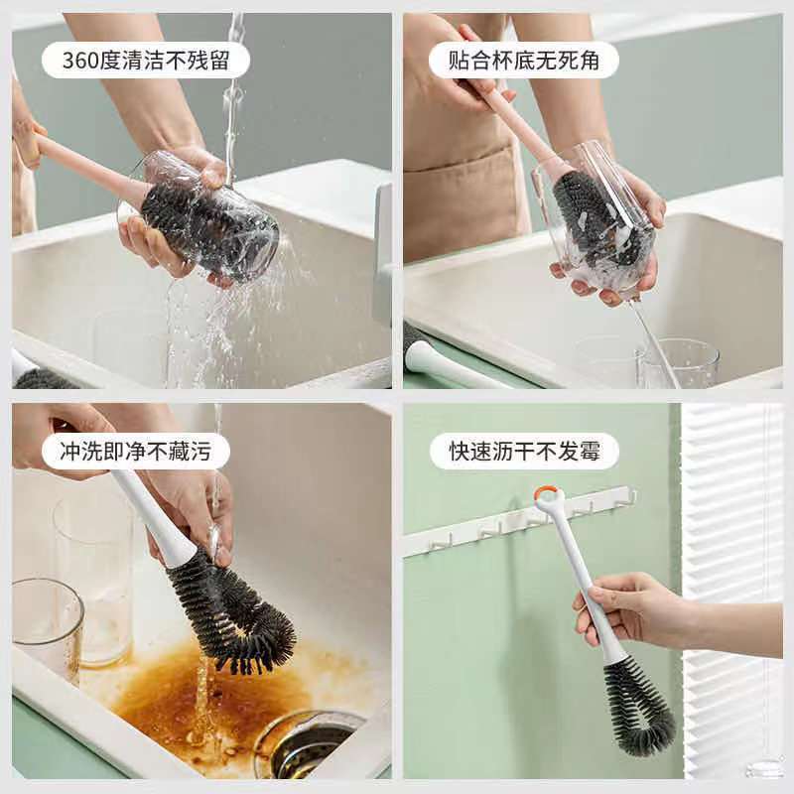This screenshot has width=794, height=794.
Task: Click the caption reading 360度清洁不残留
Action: tap(146, 61)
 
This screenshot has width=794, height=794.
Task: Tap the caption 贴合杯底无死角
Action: tap(524, 61)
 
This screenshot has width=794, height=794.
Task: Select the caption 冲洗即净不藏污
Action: tap(136, 451)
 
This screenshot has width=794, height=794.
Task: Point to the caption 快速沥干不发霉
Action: tap(525, 451)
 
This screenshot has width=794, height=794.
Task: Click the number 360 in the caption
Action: tap(80, 61)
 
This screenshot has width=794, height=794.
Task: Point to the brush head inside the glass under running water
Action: tap(202, 222)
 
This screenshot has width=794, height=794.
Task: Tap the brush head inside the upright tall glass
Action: tap(595, 217)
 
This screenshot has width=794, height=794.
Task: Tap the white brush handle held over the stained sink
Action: tap(152, 516)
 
